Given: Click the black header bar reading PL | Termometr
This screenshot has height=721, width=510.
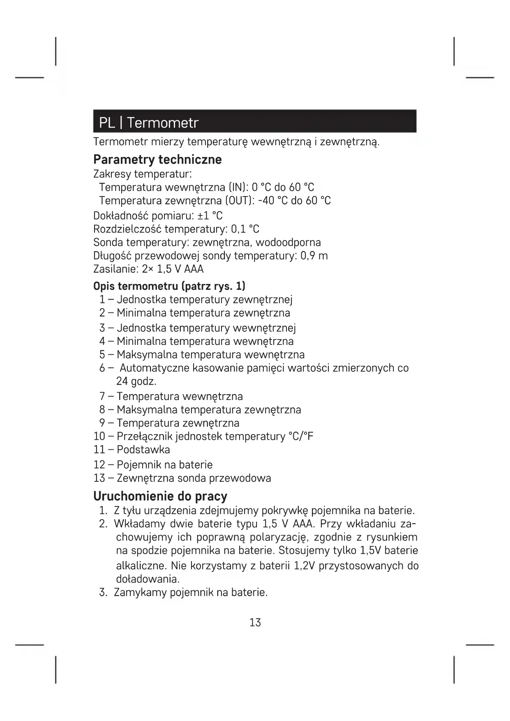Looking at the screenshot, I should (x=254, y=121).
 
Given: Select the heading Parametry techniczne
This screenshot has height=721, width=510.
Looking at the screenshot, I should (x=157, y=159).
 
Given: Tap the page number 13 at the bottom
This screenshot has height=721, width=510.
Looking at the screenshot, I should (x=255, y=622).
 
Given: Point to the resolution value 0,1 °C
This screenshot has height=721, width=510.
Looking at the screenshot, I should (x=245, y=229).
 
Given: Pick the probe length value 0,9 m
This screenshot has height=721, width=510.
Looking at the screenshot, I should (x=314, y=256).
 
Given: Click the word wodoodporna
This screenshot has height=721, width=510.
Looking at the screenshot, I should (x=288, y=243).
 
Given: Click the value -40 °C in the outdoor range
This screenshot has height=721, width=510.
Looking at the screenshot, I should (x=272, y=201).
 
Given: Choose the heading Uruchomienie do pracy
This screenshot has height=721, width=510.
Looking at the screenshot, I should (x=160, y=496).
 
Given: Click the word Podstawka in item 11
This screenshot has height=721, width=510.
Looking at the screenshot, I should (x=143, y=450).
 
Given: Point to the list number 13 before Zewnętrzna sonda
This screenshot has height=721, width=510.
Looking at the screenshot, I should (x=99, y=478).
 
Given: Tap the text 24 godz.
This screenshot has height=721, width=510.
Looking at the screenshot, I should (x=136, y=381).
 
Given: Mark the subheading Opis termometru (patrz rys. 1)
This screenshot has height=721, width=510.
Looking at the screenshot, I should (x=169, y=286).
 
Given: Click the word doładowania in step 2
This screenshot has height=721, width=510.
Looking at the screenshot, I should (x=148, y=579).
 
